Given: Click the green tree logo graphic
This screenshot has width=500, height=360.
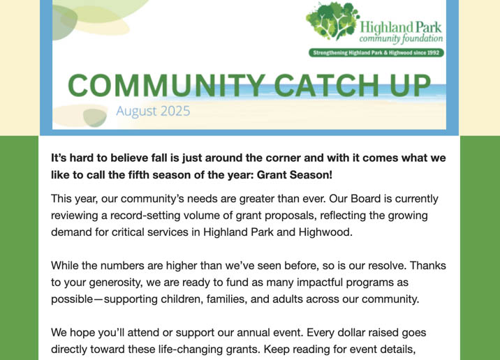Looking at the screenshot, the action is [332, 20].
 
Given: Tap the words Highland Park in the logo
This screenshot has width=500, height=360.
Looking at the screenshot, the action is [401, 27].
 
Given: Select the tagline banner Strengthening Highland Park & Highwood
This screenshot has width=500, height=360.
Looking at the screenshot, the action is [376, 52].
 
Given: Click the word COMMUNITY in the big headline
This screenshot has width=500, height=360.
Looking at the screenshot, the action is [166, 85].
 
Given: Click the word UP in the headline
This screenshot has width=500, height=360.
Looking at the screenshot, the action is [410, 85].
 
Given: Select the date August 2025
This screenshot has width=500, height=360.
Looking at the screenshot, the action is [153, 111].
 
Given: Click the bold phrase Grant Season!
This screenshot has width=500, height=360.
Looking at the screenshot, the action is [294, 175].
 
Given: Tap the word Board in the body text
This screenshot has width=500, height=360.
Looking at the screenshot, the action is [366, 199].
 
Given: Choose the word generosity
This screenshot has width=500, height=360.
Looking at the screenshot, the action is [115, 283].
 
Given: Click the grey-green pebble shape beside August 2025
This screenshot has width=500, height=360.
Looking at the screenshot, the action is [95, 117].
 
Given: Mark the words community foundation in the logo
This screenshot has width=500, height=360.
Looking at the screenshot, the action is [401, 38].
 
